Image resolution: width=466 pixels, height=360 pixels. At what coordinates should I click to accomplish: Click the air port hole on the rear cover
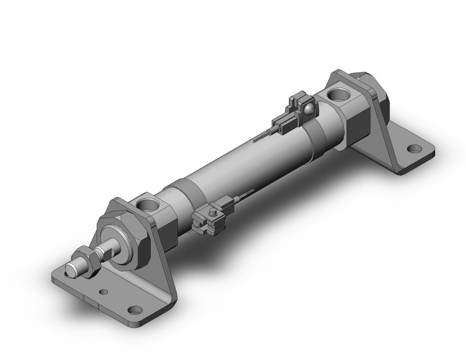pyautogui.click(x=340, y=95)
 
